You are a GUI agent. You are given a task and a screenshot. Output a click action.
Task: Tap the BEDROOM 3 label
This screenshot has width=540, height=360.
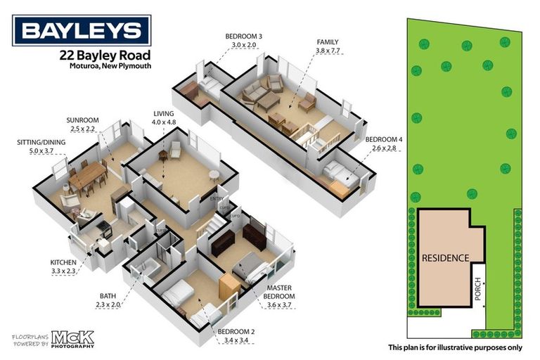pos(245,36)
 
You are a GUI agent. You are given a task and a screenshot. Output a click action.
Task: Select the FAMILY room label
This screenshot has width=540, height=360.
pos(328,42)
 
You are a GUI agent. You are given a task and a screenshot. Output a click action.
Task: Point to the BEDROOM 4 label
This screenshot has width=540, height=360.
pos(383,140)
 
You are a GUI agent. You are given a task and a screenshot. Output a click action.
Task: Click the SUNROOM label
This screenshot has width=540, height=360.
pos(82,120)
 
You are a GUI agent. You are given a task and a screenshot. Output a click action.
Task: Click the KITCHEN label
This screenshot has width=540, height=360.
pos(63,262)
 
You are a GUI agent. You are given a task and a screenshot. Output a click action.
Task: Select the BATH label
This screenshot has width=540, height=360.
pos(108,296)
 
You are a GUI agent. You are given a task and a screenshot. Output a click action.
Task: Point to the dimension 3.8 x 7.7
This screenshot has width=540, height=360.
pos(328,51)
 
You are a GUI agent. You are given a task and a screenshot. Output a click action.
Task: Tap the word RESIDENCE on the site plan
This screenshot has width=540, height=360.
pos(445,258)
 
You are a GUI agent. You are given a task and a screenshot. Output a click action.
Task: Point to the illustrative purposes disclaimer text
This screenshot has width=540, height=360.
pos(455,347)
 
